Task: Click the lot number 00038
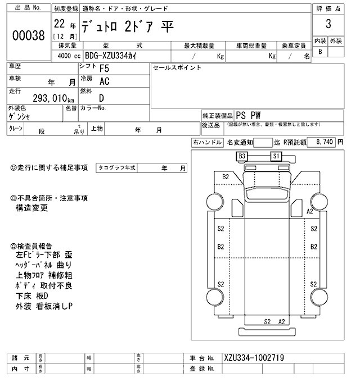click(x=28, y=35)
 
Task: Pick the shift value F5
click(x=105, y=69)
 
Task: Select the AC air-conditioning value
click(x=105, y=81)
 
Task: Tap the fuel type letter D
click(x=102, y=98)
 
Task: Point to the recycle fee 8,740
click(x=325, y=143)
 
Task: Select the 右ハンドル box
click(x=207, y=143)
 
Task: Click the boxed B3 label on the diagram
click(x=242, y=156)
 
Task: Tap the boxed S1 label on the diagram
click(x=276, y=156)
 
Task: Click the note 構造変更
click(x=32, y=208)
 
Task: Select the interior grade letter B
click(x=321, y=52)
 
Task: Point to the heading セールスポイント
click(x=177, y=68)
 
